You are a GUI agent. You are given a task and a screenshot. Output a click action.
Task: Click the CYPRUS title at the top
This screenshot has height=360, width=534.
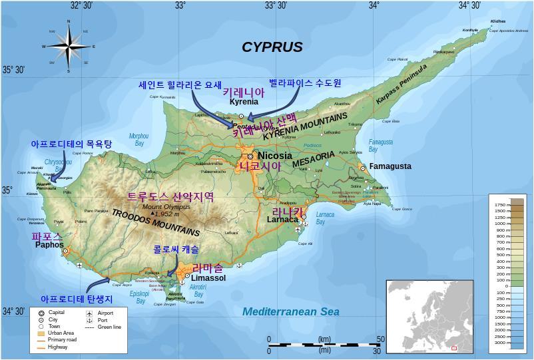pos(272,47)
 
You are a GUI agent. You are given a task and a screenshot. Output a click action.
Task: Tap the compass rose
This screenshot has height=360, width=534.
pos(68,46)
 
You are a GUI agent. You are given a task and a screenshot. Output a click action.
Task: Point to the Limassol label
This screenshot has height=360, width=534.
pos(208,277)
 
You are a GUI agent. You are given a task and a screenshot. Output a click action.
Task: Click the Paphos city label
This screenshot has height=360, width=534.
pos(49,244)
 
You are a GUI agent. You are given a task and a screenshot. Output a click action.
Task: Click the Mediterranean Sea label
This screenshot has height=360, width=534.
pos(290,311)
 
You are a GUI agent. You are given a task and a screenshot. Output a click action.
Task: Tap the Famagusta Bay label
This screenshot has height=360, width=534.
pos(381,145)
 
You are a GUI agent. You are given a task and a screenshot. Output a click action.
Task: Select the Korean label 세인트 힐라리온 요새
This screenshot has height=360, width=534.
pos(179,85)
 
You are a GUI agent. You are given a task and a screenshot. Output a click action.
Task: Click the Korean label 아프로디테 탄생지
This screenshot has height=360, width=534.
pos(77,299)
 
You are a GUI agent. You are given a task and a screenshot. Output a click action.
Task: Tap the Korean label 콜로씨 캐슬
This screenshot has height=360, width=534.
pos(171,249)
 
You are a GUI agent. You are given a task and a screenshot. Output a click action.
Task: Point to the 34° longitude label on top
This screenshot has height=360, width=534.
pos(374,5)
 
